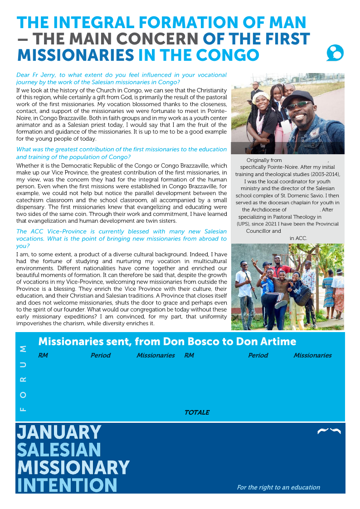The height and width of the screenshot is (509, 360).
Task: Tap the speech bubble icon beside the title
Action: pyautogui.click(x=335, y=53)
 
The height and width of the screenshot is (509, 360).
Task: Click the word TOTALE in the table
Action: pyautogui.click(x=197, y=412)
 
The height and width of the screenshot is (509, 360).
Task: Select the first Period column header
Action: pyautogui.click(x=100, y=355)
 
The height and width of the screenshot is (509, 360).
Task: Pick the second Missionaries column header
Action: pyautogui.click(x=312, y=355)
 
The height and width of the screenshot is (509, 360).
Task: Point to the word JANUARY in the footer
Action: pyautogui.click(x=59, y=431)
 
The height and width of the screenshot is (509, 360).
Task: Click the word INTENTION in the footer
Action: pyautogui.click(x=67, y=485)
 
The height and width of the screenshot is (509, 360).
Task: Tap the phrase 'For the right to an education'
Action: pyautogui.click(x=278, y=487)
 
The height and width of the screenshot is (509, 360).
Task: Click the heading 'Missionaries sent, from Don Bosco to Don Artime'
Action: pyautogui.click(x=167, y=341)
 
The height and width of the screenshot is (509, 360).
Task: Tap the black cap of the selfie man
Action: pyautogui.click(x=297, y=96)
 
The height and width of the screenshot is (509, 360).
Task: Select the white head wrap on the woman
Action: pyautogui.click(x=262, y=98)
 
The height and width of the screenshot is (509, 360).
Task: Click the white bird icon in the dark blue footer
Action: pyautogui.click(x=329, y=431)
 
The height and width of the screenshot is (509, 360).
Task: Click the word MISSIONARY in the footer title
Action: pyautogui.click(x=73, y=467)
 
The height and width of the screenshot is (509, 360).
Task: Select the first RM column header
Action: pyautogui.click(x=43, y=355)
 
